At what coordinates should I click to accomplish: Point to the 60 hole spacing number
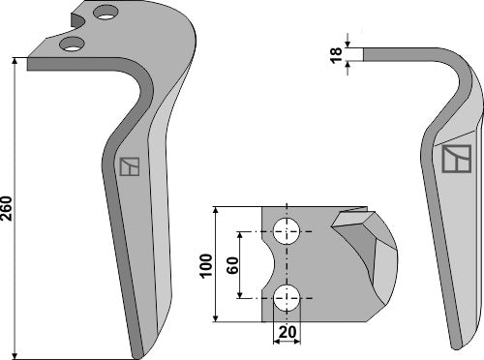[231, 263]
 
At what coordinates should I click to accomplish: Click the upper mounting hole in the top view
[287, 231]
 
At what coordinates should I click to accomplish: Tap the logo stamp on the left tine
[129, 166]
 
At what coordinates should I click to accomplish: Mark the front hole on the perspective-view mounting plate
[71, 44]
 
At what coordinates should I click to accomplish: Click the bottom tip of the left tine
[140, 350]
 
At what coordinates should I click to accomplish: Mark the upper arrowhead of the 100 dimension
[215, 210]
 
